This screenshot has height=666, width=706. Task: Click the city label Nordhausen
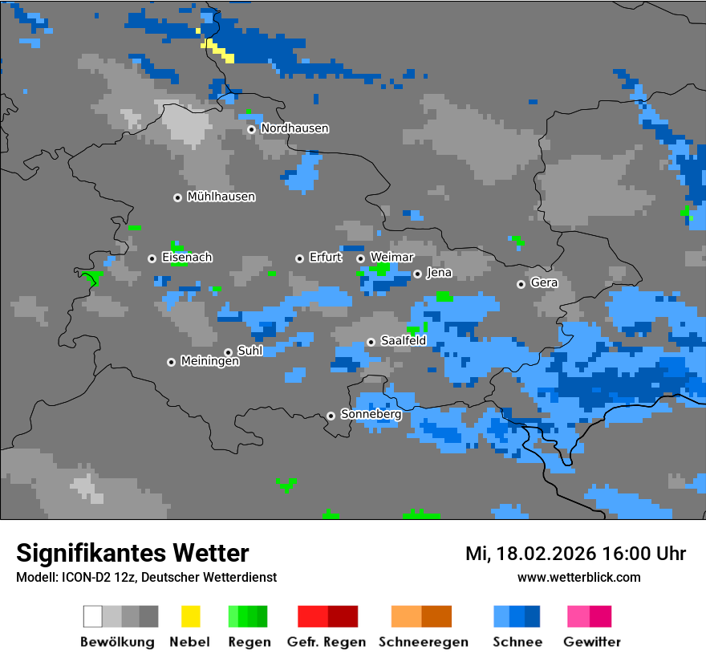pyautogui.click(x=294, y=128)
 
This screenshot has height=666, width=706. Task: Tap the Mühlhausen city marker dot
pyautogui.click(x=177, y=197)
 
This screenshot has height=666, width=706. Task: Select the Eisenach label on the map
pyautogui.click(x=187, y=258)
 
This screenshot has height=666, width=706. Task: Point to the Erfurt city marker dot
pyautogui.click(x=299, y=258)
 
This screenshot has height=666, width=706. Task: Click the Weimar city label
pyautogui.click(x=392, y=258)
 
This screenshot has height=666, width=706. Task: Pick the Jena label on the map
pyautogui.click(x=439, y=273)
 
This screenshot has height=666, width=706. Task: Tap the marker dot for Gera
pyautogui.click(x=521, y=284)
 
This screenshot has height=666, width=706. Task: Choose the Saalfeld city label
pyautogui.click(x=403, y=341)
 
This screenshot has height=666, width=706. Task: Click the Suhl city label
pyautogui.click(x=250, y=351)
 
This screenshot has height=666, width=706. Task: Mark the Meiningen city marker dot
pyautogui.click(x=171, y=362)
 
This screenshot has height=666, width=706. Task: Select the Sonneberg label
pyautogui.click(x=371, y=415)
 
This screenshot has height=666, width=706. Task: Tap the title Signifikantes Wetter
pyautogui.click(x=132, y=554)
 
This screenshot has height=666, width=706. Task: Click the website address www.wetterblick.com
pyautogui.click(x=578, y=578)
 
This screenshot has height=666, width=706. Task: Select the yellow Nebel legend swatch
pyautogui.click(x=190, y=616)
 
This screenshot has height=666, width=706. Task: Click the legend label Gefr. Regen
pyautogui.click(x=327, y=642)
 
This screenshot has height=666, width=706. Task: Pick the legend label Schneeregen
pyautogui.click(x=423, y=642)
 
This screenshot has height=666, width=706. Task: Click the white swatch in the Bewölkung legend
pyautogui.click(x=93, y=616)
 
